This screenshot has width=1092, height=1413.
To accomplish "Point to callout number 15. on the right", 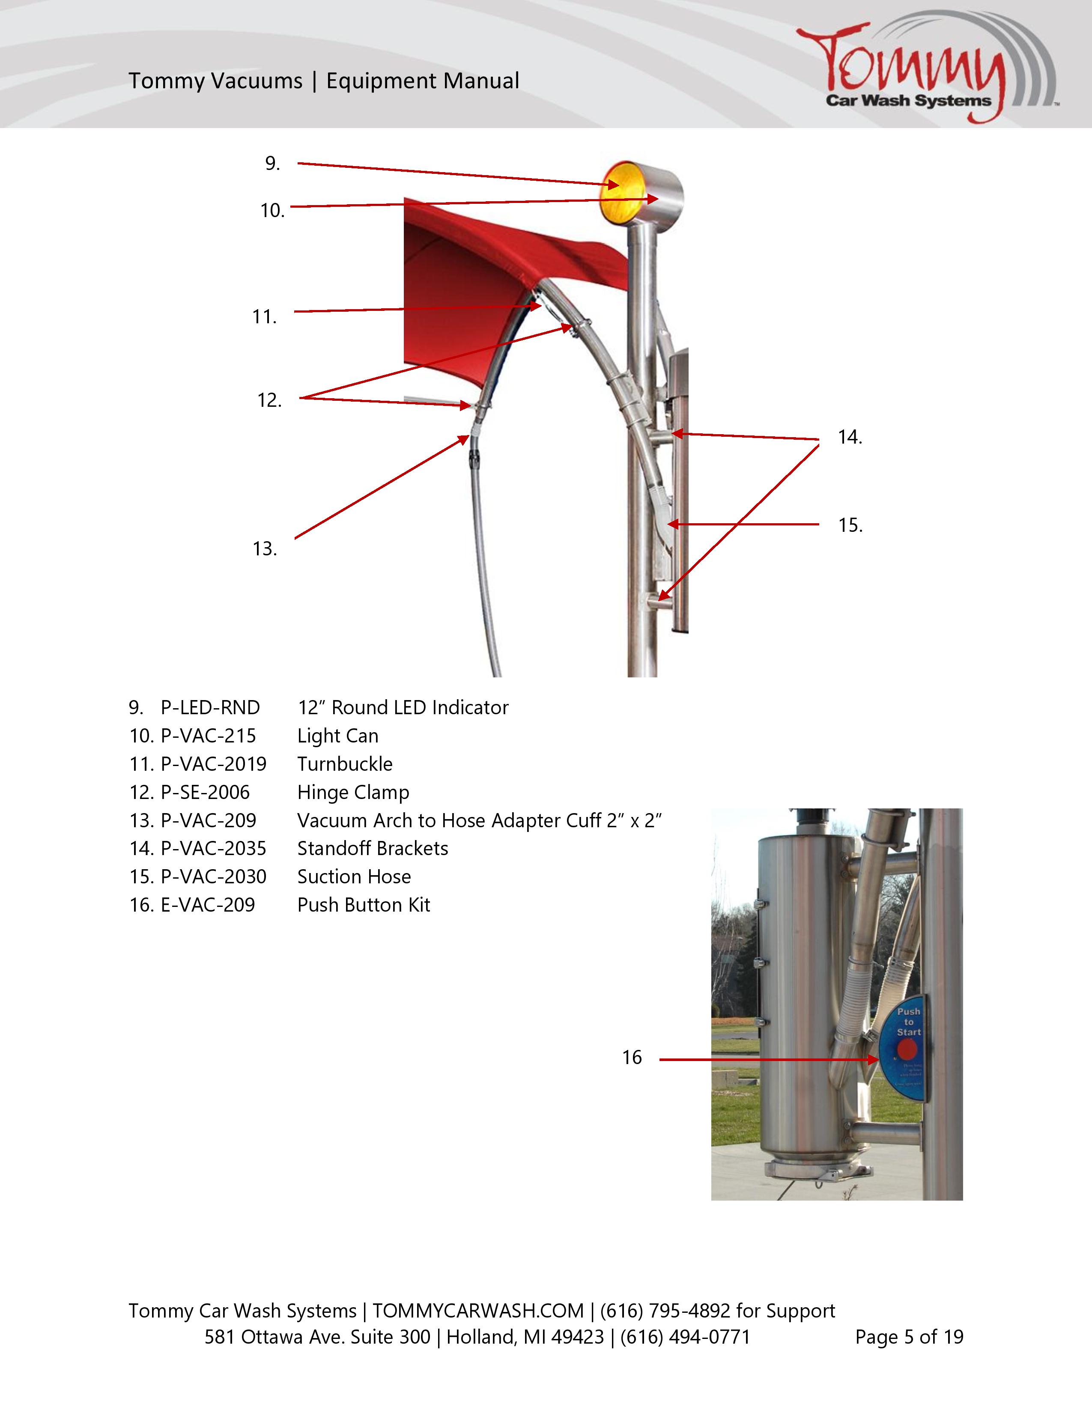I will point(850,525).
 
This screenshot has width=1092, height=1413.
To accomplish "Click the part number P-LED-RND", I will point(210,708).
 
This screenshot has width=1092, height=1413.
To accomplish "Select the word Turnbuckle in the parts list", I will point(345,764).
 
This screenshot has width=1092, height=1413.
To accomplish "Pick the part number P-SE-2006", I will point(205,793).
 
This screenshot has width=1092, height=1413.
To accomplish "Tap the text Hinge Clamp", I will point(353,793).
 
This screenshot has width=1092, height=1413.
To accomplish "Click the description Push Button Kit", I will point(364,905).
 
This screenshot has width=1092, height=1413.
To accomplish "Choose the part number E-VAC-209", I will point(208,905).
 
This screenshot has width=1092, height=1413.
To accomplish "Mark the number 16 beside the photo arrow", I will point(631,1058).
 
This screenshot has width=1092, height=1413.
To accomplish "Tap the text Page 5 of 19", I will point(909,1337).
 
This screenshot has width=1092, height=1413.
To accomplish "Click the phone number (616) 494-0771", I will point(685,1337).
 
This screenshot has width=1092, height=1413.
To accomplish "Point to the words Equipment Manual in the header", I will point(422,81).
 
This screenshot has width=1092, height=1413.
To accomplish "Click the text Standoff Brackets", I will point(373,849).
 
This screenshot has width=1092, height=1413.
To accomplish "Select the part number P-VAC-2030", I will point(214,877).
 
